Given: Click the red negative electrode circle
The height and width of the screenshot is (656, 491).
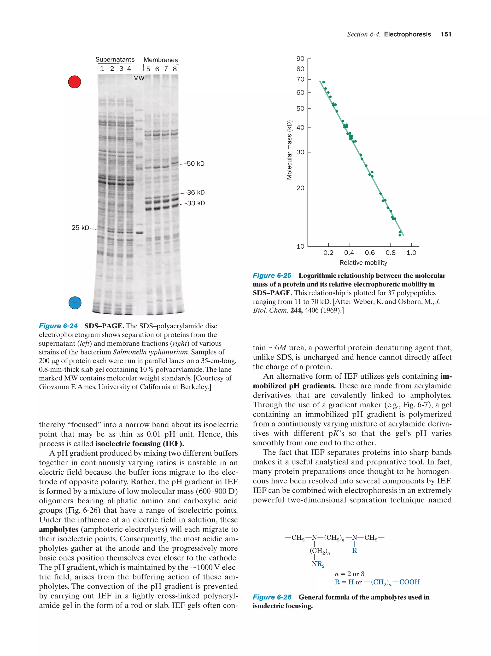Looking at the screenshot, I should click(x=75, y=82).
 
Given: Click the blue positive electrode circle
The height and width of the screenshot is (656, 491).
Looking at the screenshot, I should click(x=75, y=303).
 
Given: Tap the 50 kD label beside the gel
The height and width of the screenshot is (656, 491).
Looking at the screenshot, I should click(x=195, y=164).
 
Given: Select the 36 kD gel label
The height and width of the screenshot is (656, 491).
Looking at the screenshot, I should click(x=196, y=192).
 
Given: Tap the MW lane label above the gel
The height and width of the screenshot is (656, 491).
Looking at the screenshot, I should click(x=138, y=78).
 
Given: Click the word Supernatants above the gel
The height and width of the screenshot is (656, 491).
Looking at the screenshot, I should click(x=115, y=60).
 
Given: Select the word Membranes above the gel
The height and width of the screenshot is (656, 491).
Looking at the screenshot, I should click(x=161, y=60).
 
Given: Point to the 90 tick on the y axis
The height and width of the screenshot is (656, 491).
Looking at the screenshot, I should click(x=300, y=59).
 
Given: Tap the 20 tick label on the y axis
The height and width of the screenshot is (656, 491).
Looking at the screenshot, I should click(x=300, y=188).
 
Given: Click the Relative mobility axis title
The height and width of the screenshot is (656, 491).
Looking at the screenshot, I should click(x=363, y=263).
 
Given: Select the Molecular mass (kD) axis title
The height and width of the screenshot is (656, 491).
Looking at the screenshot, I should click(x=289, y=150).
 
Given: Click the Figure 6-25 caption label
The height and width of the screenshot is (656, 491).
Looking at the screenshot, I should click(x=272, y=275).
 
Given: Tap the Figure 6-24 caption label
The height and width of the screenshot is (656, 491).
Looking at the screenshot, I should click(x=58, y=326).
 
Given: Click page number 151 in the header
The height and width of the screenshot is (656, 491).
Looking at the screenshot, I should click(x=446, y=34).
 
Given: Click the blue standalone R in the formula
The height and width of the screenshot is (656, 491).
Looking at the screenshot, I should click(x=354, y=551).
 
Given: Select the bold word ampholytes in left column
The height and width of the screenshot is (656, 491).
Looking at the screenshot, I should click(x=58, y=529).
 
